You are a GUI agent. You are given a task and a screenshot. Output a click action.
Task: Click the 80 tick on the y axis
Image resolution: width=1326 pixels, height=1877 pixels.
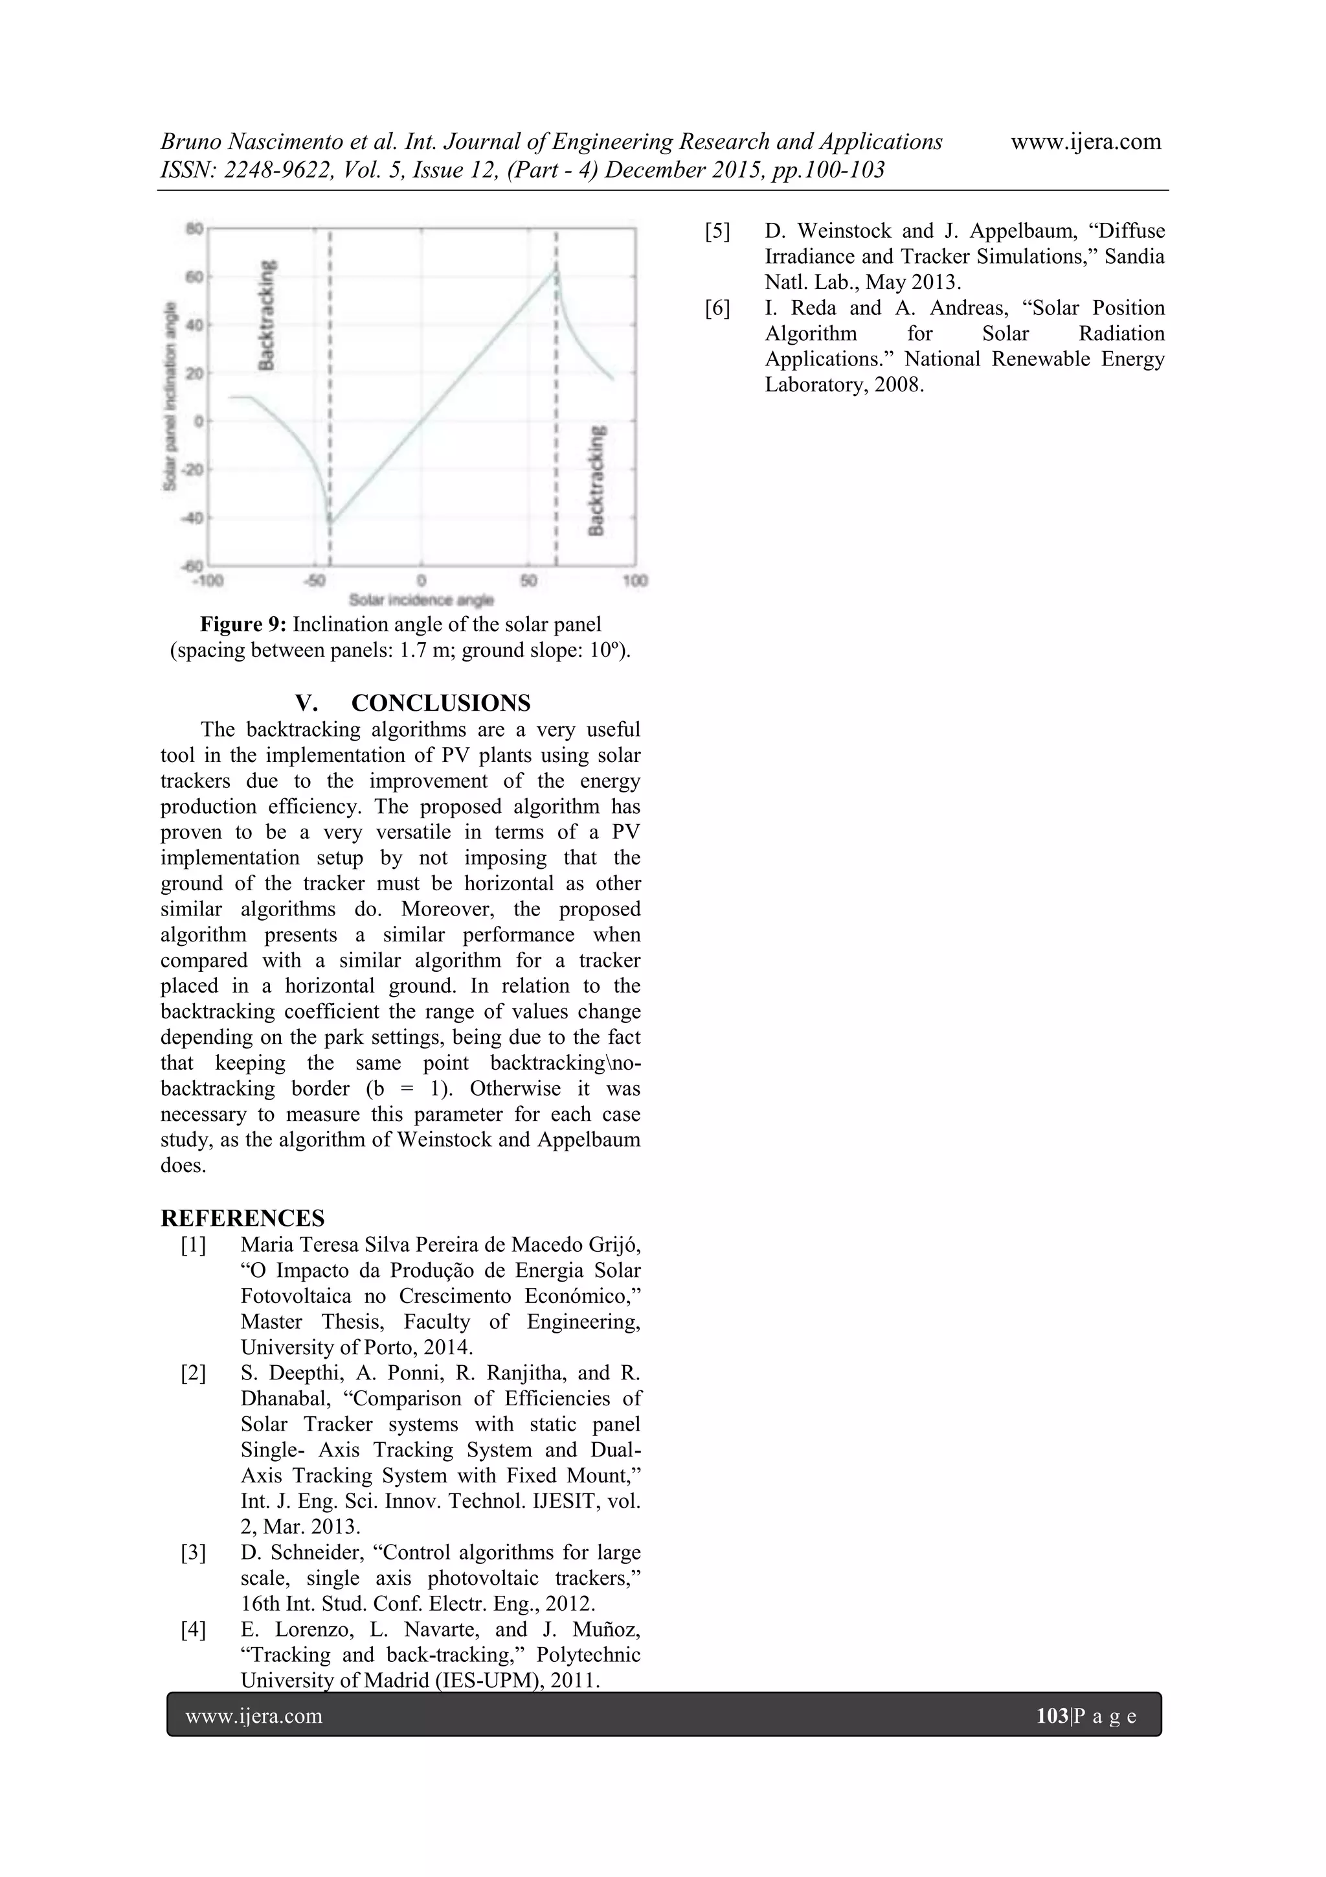(x=194, y=228)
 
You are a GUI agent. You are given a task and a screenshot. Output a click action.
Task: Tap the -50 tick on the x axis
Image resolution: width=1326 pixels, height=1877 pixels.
(x=315, y=581)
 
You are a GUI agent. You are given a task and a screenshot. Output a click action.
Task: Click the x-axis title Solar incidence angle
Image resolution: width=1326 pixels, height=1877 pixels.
(x=421, y=600)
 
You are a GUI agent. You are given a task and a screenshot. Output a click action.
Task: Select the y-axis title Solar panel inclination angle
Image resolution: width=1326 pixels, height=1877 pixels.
(x=170, y=397)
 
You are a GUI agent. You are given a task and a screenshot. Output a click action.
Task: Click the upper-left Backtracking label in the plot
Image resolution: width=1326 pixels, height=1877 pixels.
(x=266, y=315)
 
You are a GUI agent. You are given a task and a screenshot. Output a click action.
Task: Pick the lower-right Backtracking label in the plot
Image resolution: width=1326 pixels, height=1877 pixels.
(x=597, y=481)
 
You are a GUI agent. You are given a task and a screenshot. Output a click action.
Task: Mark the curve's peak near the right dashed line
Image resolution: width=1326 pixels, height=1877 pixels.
(x=556, y=269)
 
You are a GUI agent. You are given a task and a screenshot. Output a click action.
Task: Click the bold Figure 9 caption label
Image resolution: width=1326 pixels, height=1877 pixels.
(x=243, y=625)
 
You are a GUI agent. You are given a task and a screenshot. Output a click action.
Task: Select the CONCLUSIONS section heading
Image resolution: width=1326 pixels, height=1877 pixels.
(x=440, y=703)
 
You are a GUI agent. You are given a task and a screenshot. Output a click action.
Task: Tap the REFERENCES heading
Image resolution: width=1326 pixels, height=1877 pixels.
(x=243, y=1218)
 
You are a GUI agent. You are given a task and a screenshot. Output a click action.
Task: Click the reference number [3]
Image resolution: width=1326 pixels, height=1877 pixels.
(x=194, y=1552)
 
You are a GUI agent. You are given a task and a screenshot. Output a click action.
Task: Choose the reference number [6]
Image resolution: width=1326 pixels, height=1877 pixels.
(x=717, y=308)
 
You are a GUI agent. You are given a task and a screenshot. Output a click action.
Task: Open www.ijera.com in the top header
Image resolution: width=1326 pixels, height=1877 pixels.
(x=1086, y=141)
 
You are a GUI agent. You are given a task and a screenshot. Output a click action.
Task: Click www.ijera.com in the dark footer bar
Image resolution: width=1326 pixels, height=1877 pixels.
(x=254, y=1716)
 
